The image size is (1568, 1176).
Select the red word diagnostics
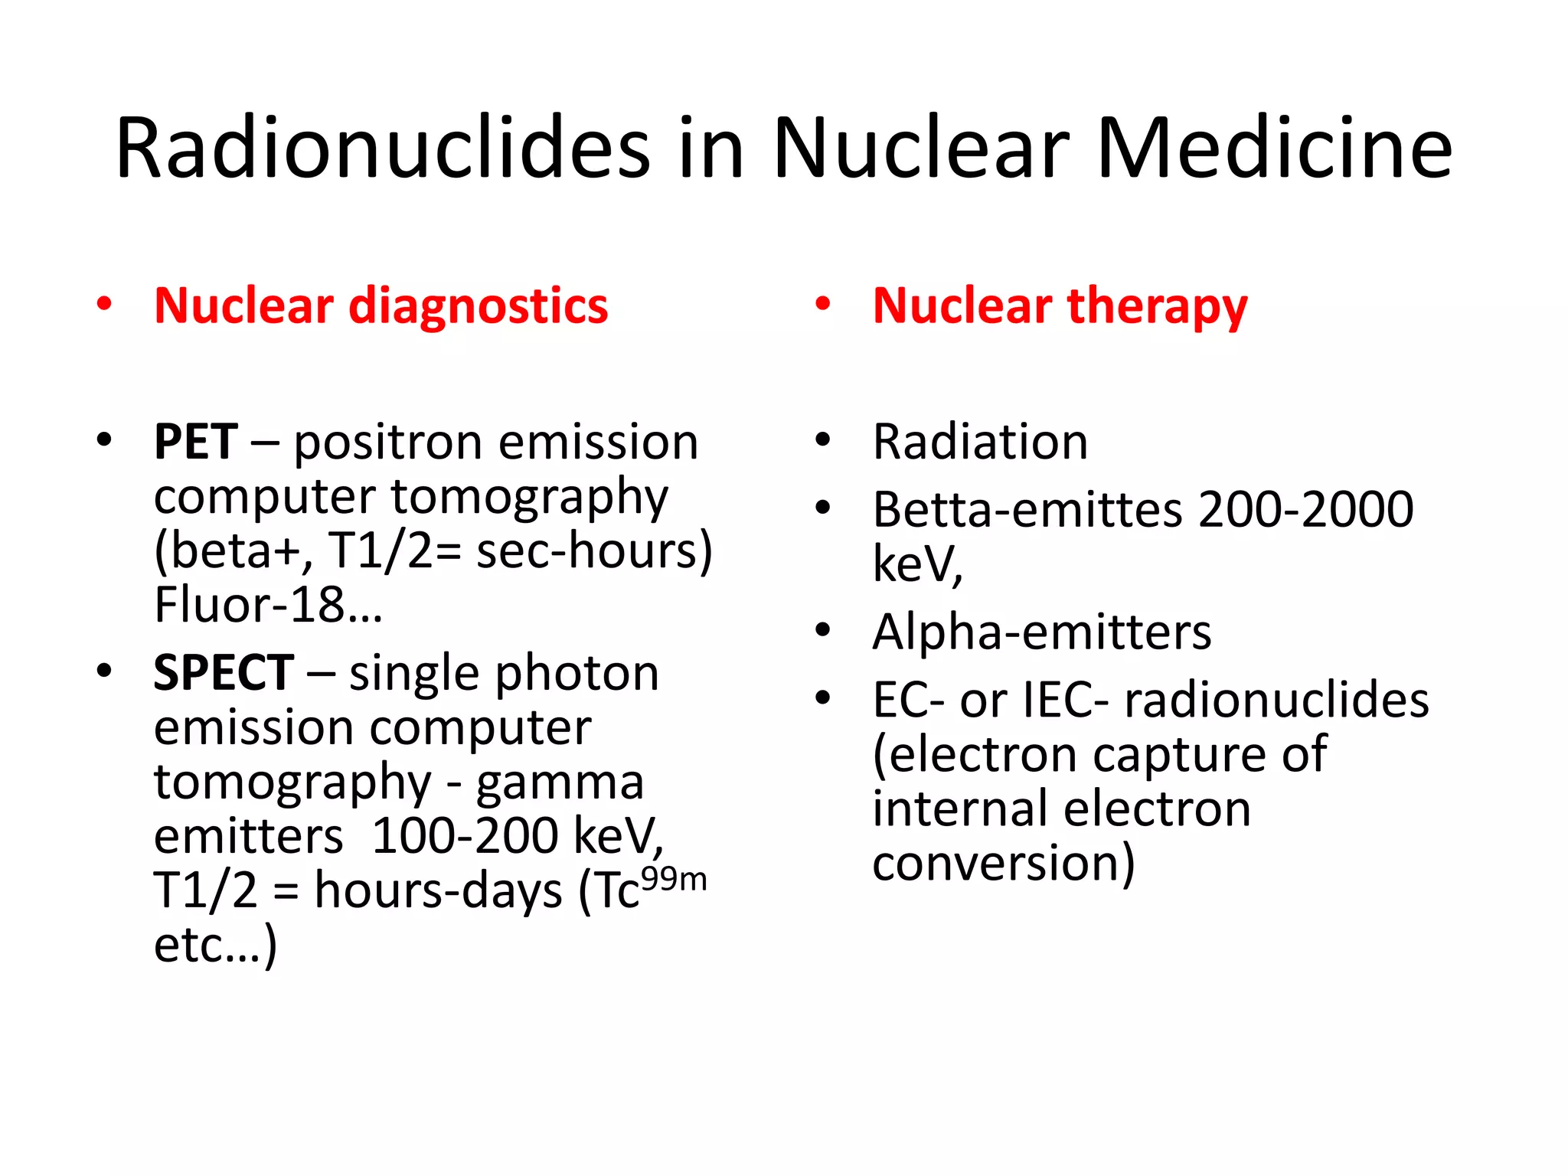pyautogui.click(x=479, y=306)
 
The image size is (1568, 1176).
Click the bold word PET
pyautogui.click(x=196, y=442)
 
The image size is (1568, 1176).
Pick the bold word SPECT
pyautogui.click(x=224, y=673)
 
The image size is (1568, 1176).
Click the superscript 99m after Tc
pyautogui.click(x=674, y=879)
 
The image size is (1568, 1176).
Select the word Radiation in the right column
pyautogui.click(x=980, y=442)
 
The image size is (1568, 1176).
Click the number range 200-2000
pyautogui.click(x=1306, y=510)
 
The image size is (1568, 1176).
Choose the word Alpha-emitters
pyautogui.click(x=1042, y=632)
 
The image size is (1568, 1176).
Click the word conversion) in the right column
pyautogui.click(x=1003, y=864)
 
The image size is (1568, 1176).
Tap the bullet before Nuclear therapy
pyautogui.click(x=823, y=304)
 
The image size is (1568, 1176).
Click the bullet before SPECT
pyautogui.click(x=104, y=671)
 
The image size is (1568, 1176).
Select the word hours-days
pyautogui.click(x=438, y=890)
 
